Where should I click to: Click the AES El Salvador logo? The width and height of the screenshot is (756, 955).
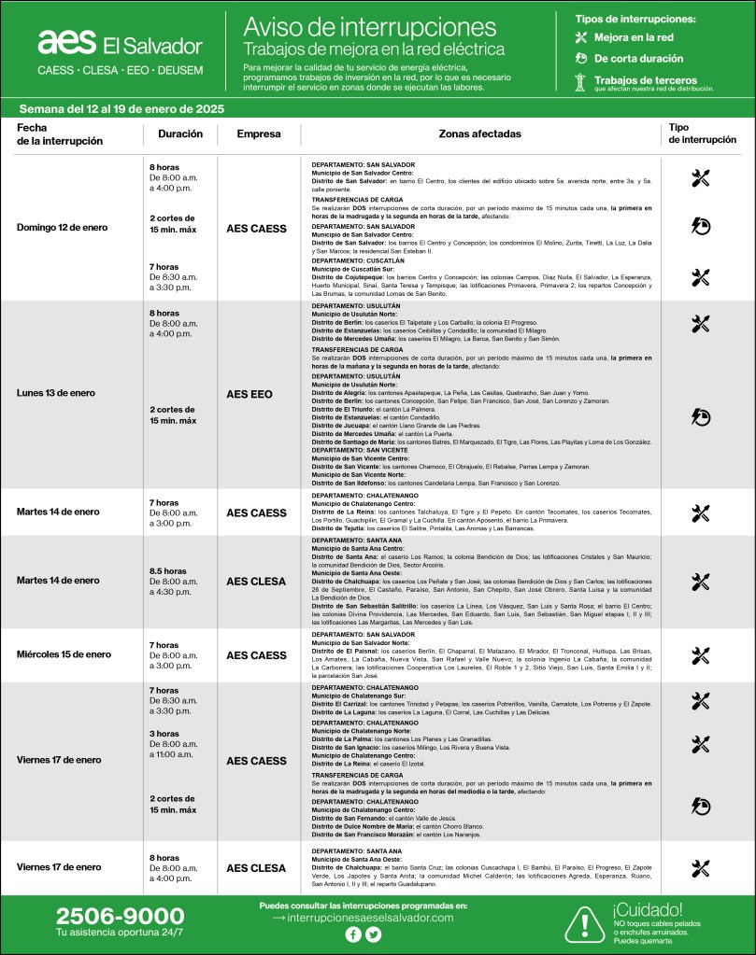click(120, 44)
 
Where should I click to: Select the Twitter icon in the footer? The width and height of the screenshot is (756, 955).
click(374, 934)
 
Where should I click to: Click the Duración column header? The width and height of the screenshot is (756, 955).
click(180, 134)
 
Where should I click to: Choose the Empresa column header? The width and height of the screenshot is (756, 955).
click(259, 134)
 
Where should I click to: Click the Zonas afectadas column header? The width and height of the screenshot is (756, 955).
click(480, 134)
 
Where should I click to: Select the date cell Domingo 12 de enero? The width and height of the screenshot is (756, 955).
click(63, 228)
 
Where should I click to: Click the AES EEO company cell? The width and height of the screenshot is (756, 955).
click(250, 394)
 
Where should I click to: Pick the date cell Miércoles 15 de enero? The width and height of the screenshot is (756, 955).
click(64, 655)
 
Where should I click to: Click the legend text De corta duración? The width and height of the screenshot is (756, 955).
click(638, 59)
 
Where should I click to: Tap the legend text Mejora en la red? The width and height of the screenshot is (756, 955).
click(634, 37)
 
